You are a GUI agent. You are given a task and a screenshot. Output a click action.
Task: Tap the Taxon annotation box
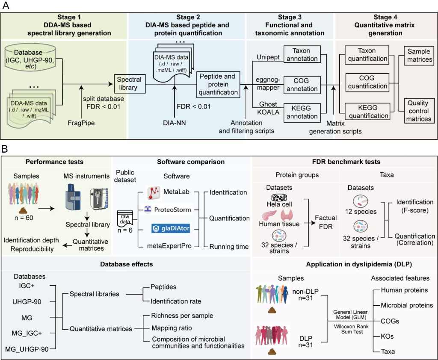(x=302, y=54)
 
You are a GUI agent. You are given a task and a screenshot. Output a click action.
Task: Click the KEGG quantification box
(x=367, y=112)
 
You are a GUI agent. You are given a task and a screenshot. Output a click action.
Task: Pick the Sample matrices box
(x=419, y=55)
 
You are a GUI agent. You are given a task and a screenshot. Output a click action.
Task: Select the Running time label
(x=229, y=247)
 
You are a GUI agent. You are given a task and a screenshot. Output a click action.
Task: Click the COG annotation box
(x=302, y=84)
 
